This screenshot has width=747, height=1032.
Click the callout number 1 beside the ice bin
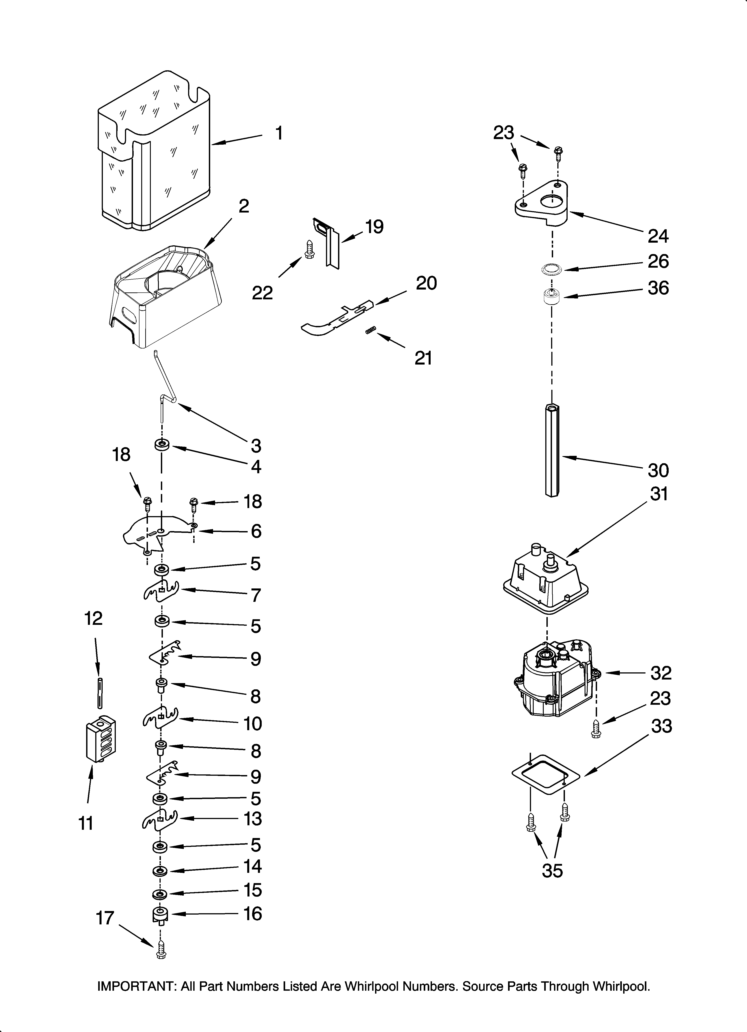tap(279, 134)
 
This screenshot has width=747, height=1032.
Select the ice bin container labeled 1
tap(155, 150)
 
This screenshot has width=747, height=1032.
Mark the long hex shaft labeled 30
tap(551, 450)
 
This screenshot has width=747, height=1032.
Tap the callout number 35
tap(552, 870)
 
